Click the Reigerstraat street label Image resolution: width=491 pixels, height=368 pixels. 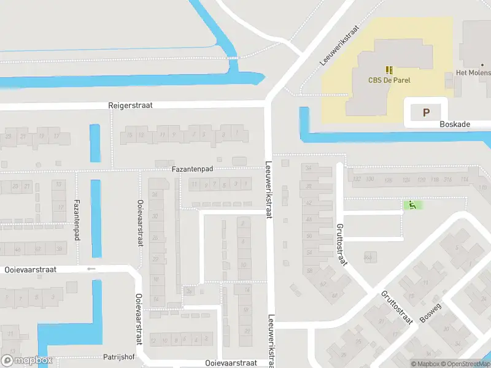point(130,105)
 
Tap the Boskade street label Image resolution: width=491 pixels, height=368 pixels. point(455,124)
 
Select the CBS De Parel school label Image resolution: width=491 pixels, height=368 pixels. point(389,80)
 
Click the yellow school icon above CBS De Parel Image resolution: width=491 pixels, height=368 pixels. point(389,71)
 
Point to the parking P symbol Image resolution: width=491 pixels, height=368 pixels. point(427,112)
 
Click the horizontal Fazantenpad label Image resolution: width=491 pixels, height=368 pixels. point(192,168)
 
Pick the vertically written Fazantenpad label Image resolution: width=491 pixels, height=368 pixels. point(77,215)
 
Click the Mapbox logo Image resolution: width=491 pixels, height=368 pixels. point(27,361)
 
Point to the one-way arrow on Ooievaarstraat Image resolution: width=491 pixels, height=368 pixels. point(91,269)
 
